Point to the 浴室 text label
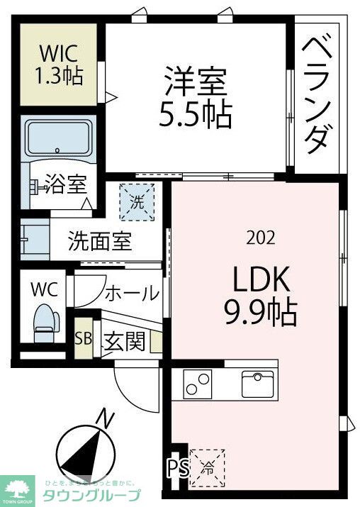point(65,186)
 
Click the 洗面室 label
point(100,242)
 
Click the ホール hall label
point(132,291)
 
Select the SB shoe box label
point(84,338)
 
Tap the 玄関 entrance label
point(125,341)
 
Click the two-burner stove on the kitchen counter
point(198,384)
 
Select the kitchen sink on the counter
point(257,384)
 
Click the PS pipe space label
point(177,469)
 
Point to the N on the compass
point(106,419)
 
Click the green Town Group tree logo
point(19,486)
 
